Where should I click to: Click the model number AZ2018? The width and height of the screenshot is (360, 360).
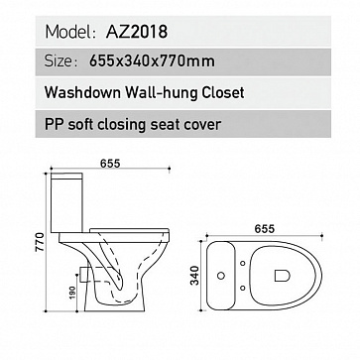click(137, 32)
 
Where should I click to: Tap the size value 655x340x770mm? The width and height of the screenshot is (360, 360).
click(152, 61)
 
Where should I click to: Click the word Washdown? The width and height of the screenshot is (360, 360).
click(82, 92)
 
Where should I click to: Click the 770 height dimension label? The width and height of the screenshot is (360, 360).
click(40, 242)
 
